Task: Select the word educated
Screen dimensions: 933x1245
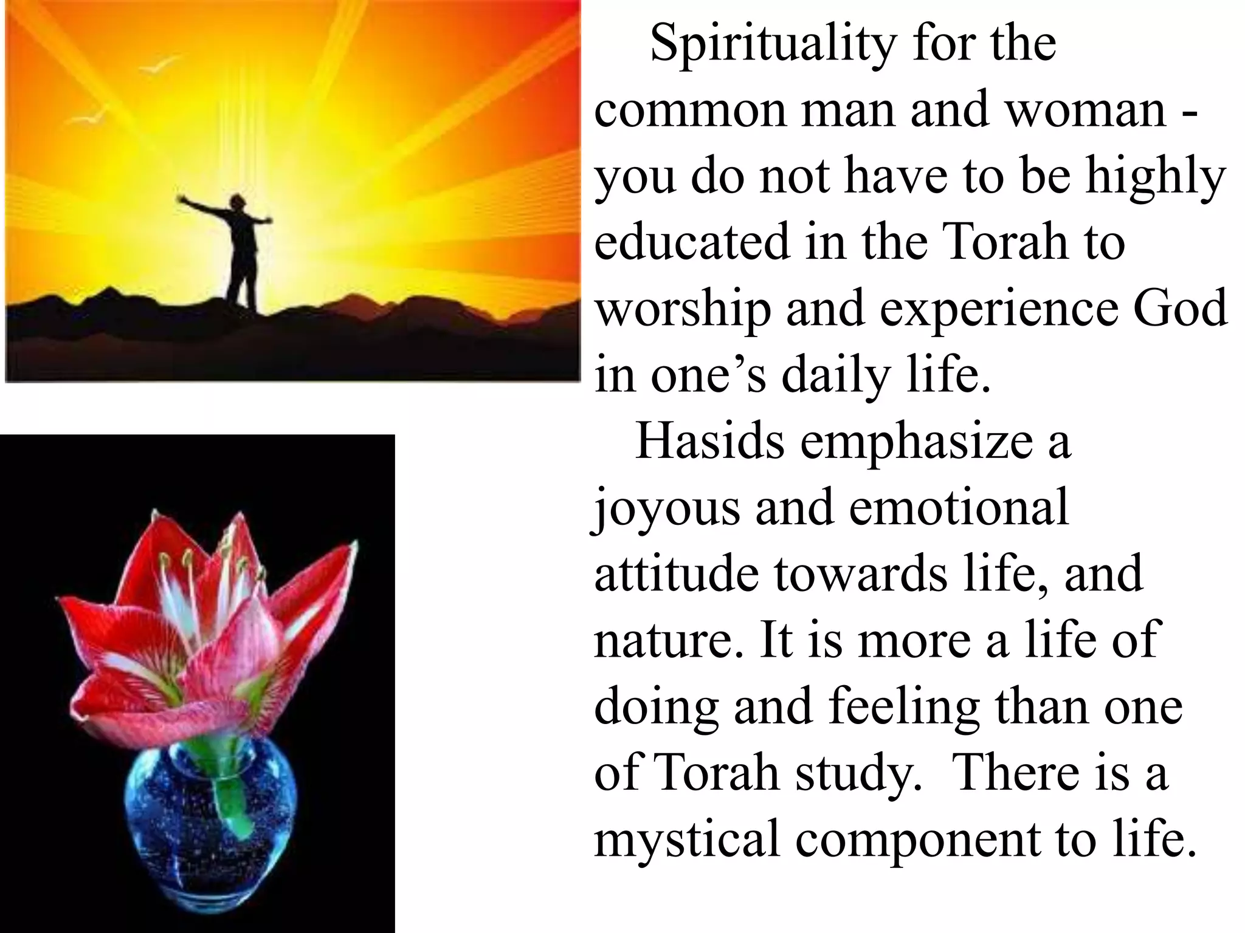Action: (692, 242)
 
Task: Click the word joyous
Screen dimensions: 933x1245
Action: (666, 509)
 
